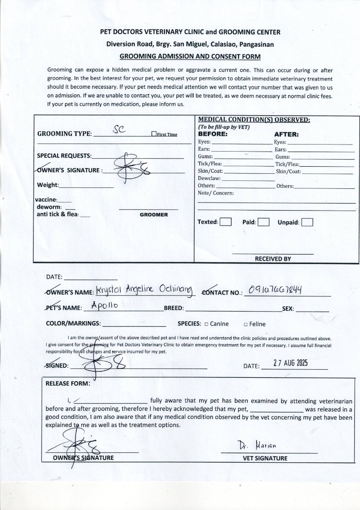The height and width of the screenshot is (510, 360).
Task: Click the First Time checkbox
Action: click(154, 134)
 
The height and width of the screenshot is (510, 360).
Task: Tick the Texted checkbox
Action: click(226, 222)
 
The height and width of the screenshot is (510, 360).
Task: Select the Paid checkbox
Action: click(264, 222)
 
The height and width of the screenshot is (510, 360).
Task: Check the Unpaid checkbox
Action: click(307, 222)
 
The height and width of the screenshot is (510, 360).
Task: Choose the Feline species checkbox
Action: click(246, 324)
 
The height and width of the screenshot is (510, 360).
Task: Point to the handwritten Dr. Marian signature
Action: click(257, 445)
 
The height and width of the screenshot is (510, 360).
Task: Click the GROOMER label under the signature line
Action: click(154, 214)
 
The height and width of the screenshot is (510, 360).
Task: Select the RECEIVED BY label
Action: click(273, 259)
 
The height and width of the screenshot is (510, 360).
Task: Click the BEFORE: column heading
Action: click(213, 134)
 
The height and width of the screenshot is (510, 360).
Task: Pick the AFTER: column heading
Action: click(286, 134)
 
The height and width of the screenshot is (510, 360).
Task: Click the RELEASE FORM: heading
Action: click(68, 383)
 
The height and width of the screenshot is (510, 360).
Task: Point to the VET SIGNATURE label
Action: click(265, 458)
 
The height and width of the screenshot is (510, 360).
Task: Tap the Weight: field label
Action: click(48, 185)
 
